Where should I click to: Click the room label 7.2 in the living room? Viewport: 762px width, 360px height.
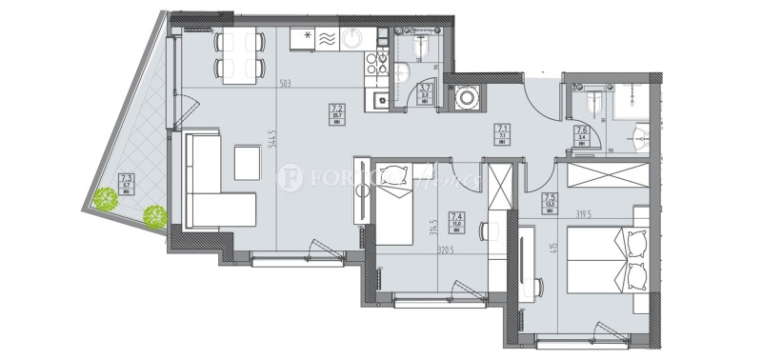coord(337,109)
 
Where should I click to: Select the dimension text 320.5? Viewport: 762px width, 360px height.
coord(436,252)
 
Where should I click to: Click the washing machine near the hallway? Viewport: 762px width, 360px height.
coord(468,98)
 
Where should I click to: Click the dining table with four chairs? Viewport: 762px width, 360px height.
coord(239,54)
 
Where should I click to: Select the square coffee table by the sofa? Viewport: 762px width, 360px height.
coord(248,162)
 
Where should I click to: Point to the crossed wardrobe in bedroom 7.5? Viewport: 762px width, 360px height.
coord(608,177)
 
